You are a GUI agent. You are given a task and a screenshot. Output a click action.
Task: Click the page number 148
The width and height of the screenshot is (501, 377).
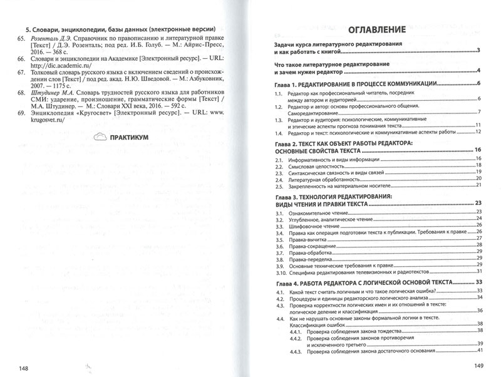pyautogui.click(x=24, y=367)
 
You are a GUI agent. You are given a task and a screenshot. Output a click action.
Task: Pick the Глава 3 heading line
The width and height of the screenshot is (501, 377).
pyautogui.click(x=335, y=197)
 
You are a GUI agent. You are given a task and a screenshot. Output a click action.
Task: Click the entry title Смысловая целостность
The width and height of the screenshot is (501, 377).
pyautogui.click(x=317, y=168)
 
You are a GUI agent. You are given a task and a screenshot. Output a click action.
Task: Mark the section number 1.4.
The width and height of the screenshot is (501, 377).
pyautogui.click(x=279, y=133)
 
